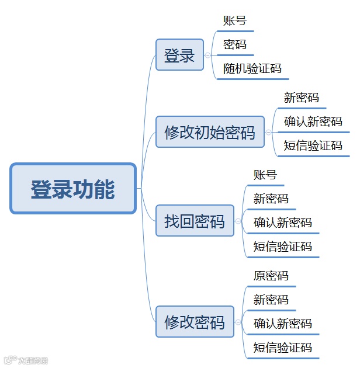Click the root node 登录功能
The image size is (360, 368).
click(73, 188)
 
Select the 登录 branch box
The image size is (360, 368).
click(179, 55)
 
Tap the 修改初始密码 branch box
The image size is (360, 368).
click(210, 132)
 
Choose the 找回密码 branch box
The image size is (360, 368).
click(195, 221)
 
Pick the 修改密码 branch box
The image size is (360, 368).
click(195, 322)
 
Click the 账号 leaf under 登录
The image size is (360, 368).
click(235, 21)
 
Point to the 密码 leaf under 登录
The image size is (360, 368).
click(235, 44)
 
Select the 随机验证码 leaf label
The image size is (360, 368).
click(252, 69)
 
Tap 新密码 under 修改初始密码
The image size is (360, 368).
click(302, 98)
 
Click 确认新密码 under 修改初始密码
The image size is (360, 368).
click(313, 121)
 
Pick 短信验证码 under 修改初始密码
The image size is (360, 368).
click(313, 145)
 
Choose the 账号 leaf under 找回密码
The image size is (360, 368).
click(265, 175)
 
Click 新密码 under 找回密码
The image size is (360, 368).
click(271, 199)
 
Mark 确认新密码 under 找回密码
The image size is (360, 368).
click(283, 223)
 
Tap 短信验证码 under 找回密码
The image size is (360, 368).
click(283, 247)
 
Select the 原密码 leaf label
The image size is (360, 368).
click(271, 276)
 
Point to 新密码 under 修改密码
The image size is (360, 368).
click(271, 300)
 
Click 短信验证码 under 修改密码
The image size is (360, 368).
click(283, 348)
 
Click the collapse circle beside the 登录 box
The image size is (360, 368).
click(207, 55)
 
